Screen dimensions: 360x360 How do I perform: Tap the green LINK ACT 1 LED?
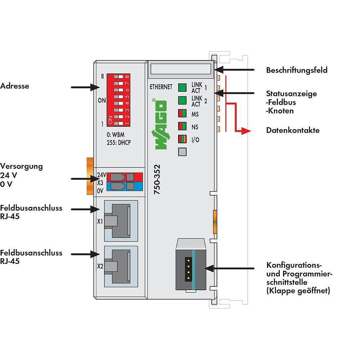(x=182, y=87)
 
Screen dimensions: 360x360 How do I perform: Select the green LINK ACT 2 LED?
(x=182, y=100)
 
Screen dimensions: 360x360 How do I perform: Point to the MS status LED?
(x=182, y=113)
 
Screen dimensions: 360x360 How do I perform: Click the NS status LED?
(x=182, y=126)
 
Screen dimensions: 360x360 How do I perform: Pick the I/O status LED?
(x=182, y=139)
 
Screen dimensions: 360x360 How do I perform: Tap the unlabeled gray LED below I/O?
(x=182, y=152)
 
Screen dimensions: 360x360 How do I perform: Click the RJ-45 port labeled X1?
(x=121, y=221)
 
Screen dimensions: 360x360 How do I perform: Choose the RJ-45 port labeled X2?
(x=121, y=266)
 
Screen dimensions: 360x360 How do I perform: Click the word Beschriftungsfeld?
(x=297, y=70)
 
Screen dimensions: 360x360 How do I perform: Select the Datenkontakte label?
(x=293, y=130)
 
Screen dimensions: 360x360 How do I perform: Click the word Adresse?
(x=15, y=86)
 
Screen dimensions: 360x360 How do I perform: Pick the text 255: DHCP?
(x=119, y=143)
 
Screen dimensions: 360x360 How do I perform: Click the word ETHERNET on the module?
(x=161, y=87)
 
